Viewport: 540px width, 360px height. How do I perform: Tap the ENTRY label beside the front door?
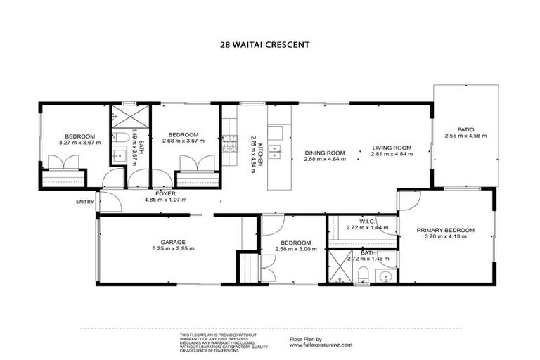coord(84,202)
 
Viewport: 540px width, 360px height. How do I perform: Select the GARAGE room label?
coord(172,242)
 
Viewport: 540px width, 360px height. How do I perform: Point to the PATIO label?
coord(465,129)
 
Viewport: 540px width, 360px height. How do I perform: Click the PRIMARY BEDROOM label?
coord(445,230)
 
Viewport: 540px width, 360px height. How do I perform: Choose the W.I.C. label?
coord(365,222)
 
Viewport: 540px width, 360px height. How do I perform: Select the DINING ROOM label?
coord(324,153)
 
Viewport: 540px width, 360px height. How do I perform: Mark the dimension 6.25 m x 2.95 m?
coord(172,249)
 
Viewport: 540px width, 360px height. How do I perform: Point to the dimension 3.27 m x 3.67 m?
coord(79,142)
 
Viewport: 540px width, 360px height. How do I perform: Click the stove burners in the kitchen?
coord(230,144)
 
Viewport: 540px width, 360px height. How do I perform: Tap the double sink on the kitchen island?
coord(276,149)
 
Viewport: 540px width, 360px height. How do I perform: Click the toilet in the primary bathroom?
coord(361,274)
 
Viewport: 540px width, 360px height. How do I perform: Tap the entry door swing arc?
coord(105,203)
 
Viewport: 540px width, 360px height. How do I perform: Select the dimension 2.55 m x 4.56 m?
coord(465,136)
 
